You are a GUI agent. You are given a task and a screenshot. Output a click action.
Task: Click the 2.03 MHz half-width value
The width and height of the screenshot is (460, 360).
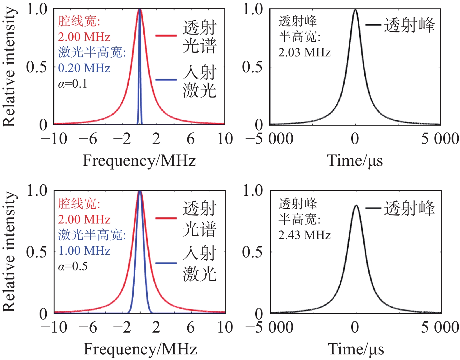point(304,52)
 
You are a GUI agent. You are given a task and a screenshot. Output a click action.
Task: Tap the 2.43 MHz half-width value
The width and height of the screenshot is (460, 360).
point(304,235)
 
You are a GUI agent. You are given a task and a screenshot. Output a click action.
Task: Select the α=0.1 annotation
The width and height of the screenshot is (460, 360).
point(73,84)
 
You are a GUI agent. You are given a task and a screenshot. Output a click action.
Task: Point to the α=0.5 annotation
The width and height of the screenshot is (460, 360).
point(73,266)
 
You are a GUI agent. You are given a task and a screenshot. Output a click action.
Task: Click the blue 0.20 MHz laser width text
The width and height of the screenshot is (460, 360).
point(84,68)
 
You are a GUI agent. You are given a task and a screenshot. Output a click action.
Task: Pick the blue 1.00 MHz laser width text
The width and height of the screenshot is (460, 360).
point(84,251)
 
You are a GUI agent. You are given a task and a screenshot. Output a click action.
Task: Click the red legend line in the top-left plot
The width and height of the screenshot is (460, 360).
point(166,36)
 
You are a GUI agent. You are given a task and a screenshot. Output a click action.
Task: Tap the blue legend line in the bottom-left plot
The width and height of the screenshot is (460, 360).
point(166,263)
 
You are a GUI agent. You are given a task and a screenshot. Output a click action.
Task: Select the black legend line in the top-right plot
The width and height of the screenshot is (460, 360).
point(373,25)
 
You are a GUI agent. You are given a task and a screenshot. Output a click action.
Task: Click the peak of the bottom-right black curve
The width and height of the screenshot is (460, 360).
point(356,206)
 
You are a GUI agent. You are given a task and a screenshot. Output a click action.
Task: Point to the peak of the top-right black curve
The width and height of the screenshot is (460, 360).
point(355,10)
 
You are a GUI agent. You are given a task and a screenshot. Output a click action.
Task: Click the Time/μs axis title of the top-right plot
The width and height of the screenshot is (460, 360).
point(355,161)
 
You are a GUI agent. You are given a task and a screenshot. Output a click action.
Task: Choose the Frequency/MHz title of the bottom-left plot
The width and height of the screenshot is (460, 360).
point(140,349)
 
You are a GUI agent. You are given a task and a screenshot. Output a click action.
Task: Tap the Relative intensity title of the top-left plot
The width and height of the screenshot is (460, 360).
point(9,67)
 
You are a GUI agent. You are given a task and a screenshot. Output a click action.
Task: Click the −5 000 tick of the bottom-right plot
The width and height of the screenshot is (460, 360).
point(269,327)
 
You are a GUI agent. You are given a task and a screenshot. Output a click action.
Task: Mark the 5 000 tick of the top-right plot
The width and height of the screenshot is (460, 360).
point(440,139)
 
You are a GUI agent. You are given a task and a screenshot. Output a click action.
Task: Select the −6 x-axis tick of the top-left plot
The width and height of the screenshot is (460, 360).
point(88,139)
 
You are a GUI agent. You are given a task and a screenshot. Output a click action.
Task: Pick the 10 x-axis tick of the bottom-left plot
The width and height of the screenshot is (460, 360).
point(225,327)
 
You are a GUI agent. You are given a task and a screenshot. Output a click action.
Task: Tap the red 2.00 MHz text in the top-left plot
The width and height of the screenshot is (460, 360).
point(84,37)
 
